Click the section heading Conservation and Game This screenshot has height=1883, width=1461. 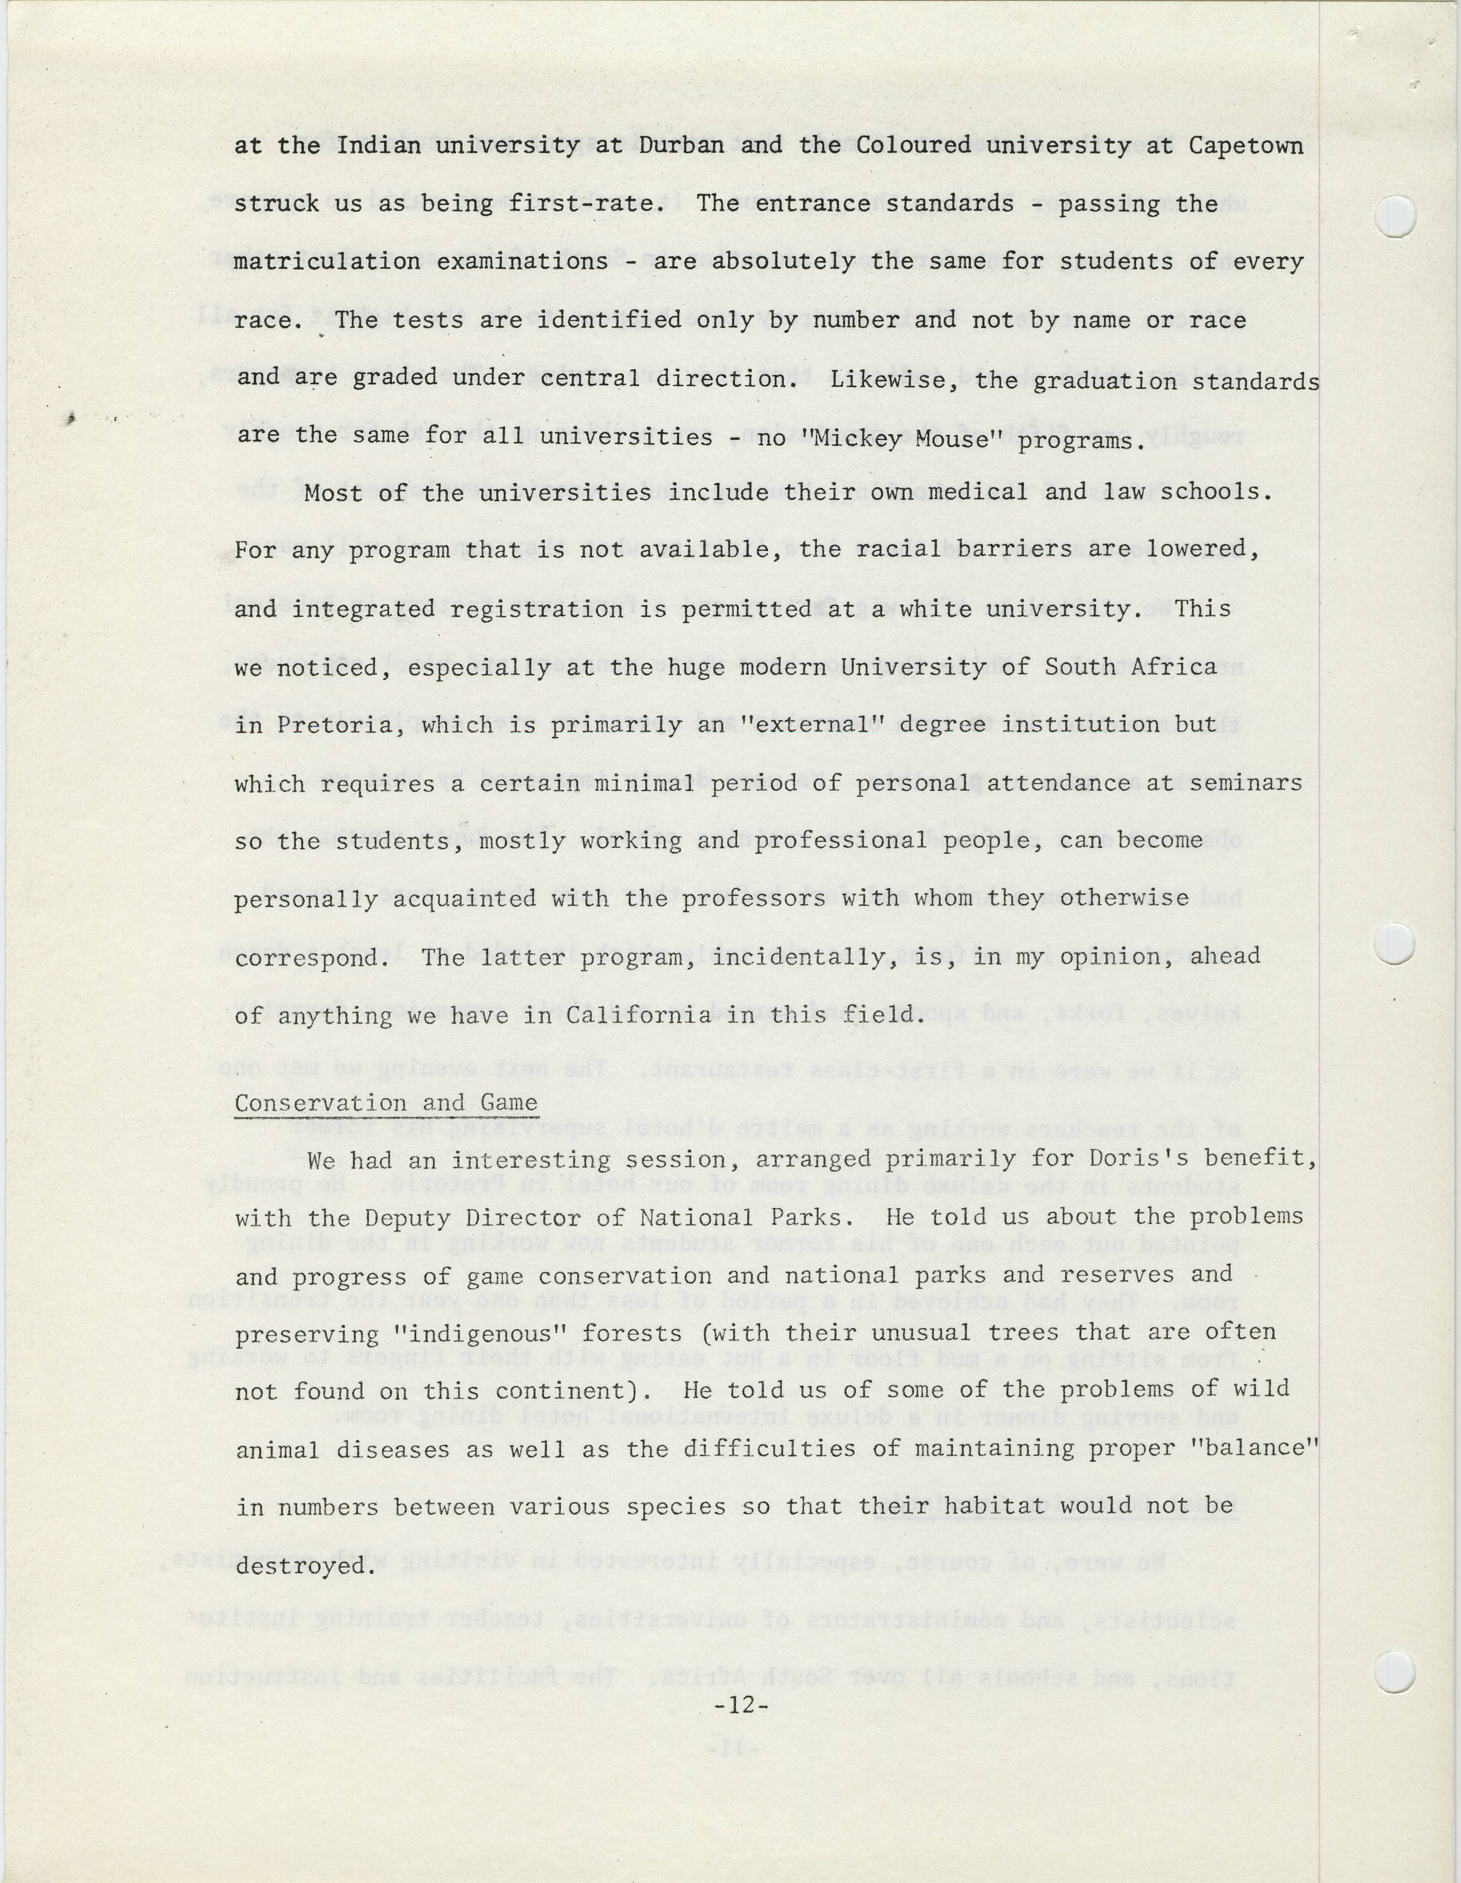(x=386, y=1103)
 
